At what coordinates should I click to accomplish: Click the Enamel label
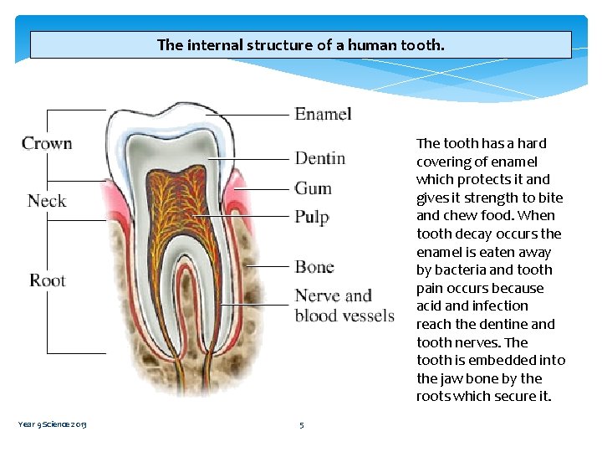click(x=323, y=114)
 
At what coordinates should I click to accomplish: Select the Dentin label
click(x=319, y=158)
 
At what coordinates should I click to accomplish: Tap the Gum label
click(x=313, y=188)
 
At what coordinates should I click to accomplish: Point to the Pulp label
click(x=312, y=217)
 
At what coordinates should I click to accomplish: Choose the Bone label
click(x=314, y=267)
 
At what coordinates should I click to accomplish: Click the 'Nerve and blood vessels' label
click(x=344, y=306)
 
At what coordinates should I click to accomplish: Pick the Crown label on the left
click(x=47, y=143)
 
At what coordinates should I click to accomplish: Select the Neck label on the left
click(x=46, y=201)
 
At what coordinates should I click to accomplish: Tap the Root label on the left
click(x=47, y=280)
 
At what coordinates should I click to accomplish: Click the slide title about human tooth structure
click(x=301, y=45)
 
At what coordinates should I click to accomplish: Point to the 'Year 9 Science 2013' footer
click(x=52, y=424)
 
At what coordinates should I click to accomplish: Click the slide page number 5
click(x=302, y=424)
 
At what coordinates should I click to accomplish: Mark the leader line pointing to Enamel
click(x=251, y=115)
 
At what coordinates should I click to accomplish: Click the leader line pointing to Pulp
click(x=242, y=217)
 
